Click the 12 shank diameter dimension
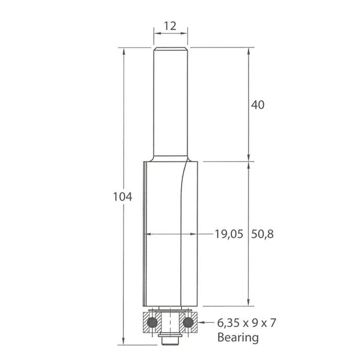point(170,26)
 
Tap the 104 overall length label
point(122,197)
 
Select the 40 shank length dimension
point(258,105)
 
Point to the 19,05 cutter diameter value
point(229,234)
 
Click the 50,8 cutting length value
point(262,234)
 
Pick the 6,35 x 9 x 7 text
point(246,323)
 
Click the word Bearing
point(238,337)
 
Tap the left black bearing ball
point(152,322)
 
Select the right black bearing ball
point(188,322)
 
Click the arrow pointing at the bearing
point(206,322)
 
